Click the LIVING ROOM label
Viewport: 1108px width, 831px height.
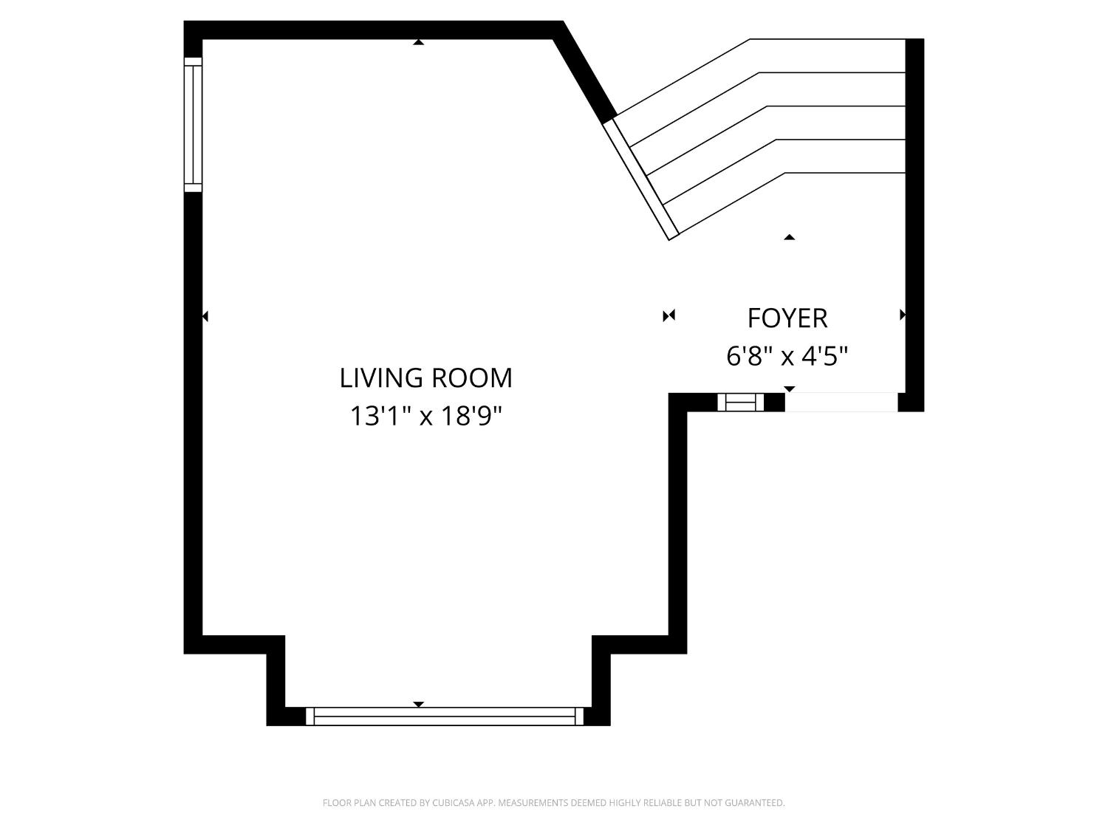click(425, 377)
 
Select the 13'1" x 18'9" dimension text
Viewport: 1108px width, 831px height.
click(425, 417)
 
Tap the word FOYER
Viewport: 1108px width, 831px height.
click(787, 318)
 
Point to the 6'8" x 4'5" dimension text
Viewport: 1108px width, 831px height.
click(787, 357)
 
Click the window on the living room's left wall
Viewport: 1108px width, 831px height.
click(193, 124)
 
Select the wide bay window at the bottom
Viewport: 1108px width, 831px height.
click(445, 716)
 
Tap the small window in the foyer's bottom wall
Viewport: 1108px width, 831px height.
click(741, 402)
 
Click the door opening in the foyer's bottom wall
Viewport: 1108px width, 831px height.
click(841, 402)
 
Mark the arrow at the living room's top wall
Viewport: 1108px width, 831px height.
click(419, 43)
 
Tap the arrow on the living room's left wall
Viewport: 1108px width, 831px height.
click(205, 316)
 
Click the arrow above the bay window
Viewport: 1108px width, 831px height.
click(419, 704)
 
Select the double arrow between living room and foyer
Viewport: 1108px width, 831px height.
click(668, 316)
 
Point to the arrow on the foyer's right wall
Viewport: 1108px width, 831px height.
click(902, 315)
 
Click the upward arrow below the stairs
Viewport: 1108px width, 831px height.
click(789, 237)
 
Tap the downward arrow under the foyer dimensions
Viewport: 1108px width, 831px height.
click(789, 389)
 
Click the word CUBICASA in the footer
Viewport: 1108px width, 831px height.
click(454, 803)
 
